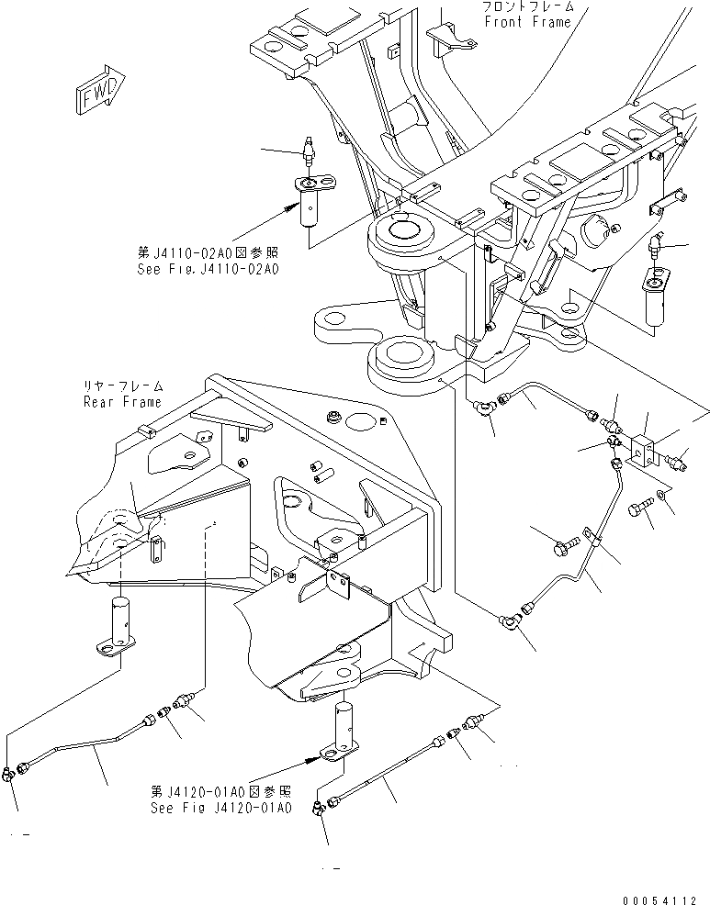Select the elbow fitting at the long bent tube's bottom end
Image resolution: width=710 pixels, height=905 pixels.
510,617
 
